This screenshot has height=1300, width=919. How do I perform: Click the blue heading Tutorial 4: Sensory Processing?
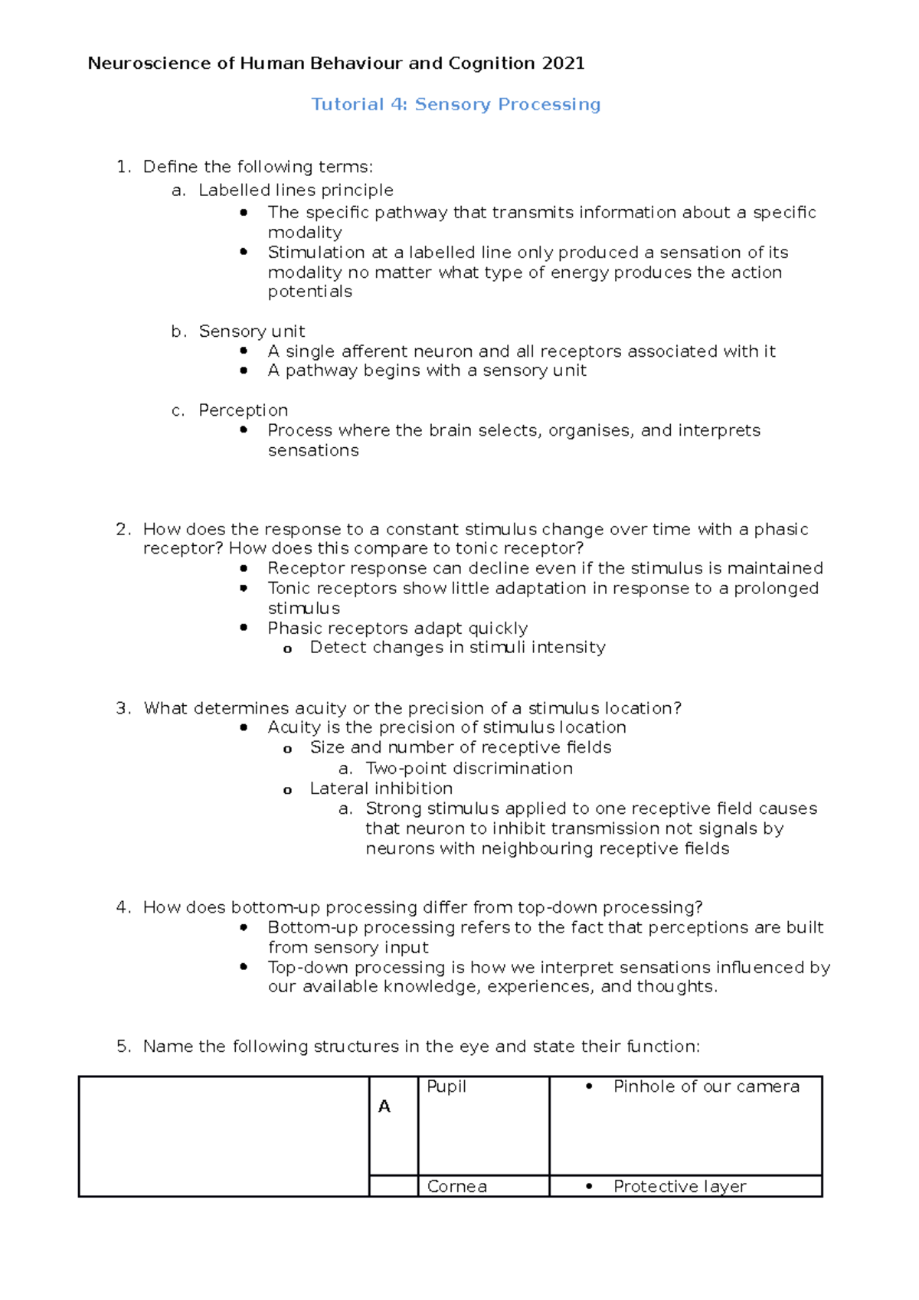pyautogui.click(x=456, y=104)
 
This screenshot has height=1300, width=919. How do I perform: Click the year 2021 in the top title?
pyautogui.click(x=563, y=64)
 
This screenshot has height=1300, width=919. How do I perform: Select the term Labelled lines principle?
pyautogui.click(x=296, y=190)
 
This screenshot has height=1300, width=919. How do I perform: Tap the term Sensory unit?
pyautogui.click(x=252, y=332)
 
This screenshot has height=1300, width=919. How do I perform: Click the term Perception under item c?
pyautogui.click(x=244, y=410)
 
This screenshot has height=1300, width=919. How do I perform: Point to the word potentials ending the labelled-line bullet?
pyautogui.click(x=309, y=292)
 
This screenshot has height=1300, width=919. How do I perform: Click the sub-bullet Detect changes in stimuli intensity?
pyautogui.click(x=457, y=648)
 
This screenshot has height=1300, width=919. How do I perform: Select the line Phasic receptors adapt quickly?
pyautogui.click(x=397, y=629)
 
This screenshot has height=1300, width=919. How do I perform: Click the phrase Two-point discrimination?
pyautogui.click(x=469, y=769)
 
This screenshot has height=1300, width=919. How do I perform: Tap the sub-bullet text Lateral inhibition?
pyautogui.click(x=381, y=789)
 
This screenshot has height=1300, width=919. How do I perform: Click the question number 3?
pyautogui.click(x=123, y=708)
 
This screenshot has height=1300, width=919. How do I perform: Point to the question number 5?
pyautogui.click(x=123, y=1047)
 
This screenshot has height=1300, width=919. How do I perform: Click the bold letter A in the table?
pyautogui.click(x=384, y=1106)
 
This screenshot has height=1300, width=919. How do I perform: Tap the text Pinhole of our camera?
pyautogui.click(x=706, y=1086)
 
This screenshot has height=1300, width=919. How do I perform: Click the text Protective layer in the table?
pyautogui.click(x=679, y=1187)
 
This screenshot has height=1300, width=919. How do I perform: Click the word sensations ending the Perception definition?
pyautogui.click(x=313, y=451)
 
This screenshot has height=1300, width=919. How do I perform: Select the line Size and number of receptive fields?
pyautogui.click(x=460, y=747)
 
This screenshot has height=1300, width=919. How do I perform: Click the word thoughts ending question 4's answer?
pyautogui.click(x=675, y=987)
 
